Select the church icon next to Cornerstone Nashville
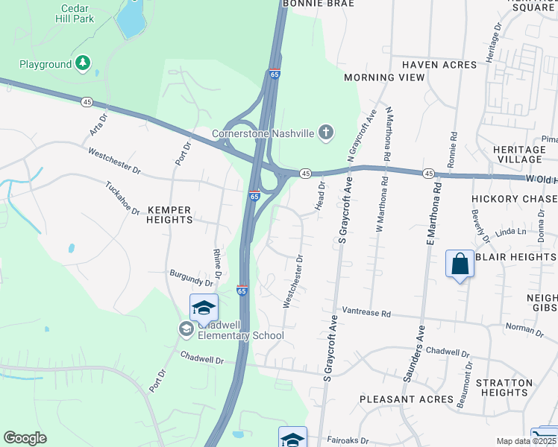pyautogui.click(x=325, y=133)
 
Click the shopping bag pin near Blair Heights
pyautogui.click(x=460, y=264)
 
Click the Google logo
pyautogui.click(x=25, y=438)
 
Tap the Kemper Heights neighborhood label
pyautogui.click(x=169, y=215)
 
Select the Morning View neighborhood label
pyautogui.click(x=380, y=77)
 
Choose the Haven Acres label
pyautogui.click(x=439, y=66)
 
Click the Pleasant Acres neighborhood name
pyautogui.click(x=406, y=399)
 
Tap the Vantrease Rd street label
pyautogui.click(x=366, y=313)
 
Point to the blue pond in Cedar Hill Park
pyautogui.click(x=130, y=19)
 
